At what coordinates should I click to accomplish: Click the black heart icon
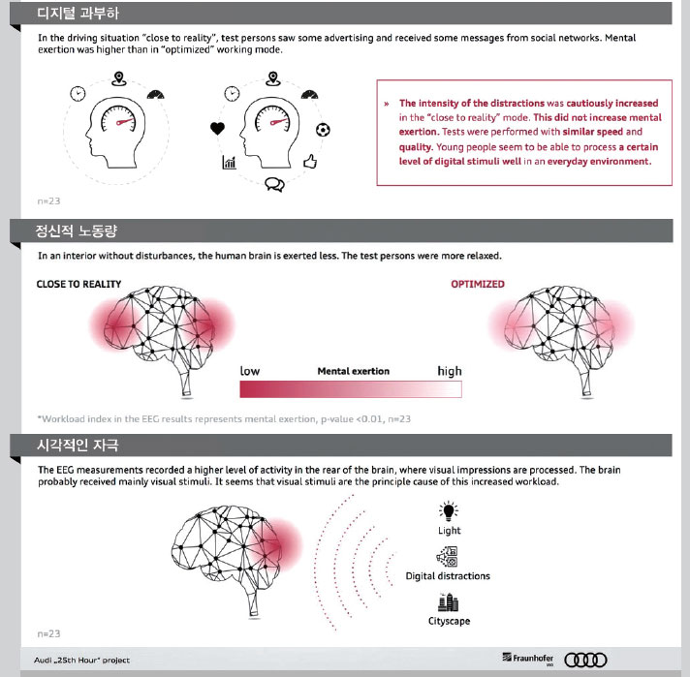click(217, 129)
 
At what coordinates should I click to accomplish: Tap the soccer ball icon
click(323, 130)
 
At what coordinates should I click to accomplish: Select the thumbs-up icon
click(310, 162)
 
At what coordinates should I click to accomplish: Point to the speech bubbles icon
click(274, 184)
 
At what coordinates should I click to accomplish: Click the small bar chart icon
click(229, 163)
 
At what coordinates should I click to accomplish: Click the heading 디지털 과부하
click(78, 14)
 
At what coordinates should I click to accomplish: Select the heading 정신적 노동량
click(77, 231)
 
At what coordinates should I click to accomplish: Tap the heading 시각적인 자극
click(78, 446)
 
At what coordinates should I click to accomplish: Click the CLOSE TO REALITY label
click(78, 284)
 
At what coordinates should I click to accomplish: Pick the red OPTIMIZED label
click(478, 284)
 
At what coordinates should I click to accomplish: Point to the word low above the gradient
click(250, 371)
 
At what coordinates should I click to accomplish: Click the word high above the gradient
click(450, 371)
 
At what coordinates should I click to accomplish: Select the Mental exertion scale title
click(354, 371)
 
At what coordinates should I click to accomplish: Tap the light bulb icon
click(449, 511)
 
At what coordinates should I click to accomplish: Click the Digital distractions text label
click(448, 576)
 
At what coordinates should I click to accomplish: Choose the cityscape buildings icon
click(449, 602)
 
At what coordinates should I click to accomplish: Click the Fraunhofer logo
click(528, 659)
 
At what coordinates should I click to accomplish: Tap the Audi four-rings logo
click(585, 660)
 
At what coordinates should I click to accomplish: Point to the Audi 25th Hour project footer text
click(81, 661)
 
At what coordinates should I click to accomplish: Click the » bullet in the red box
click(387, 104)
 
